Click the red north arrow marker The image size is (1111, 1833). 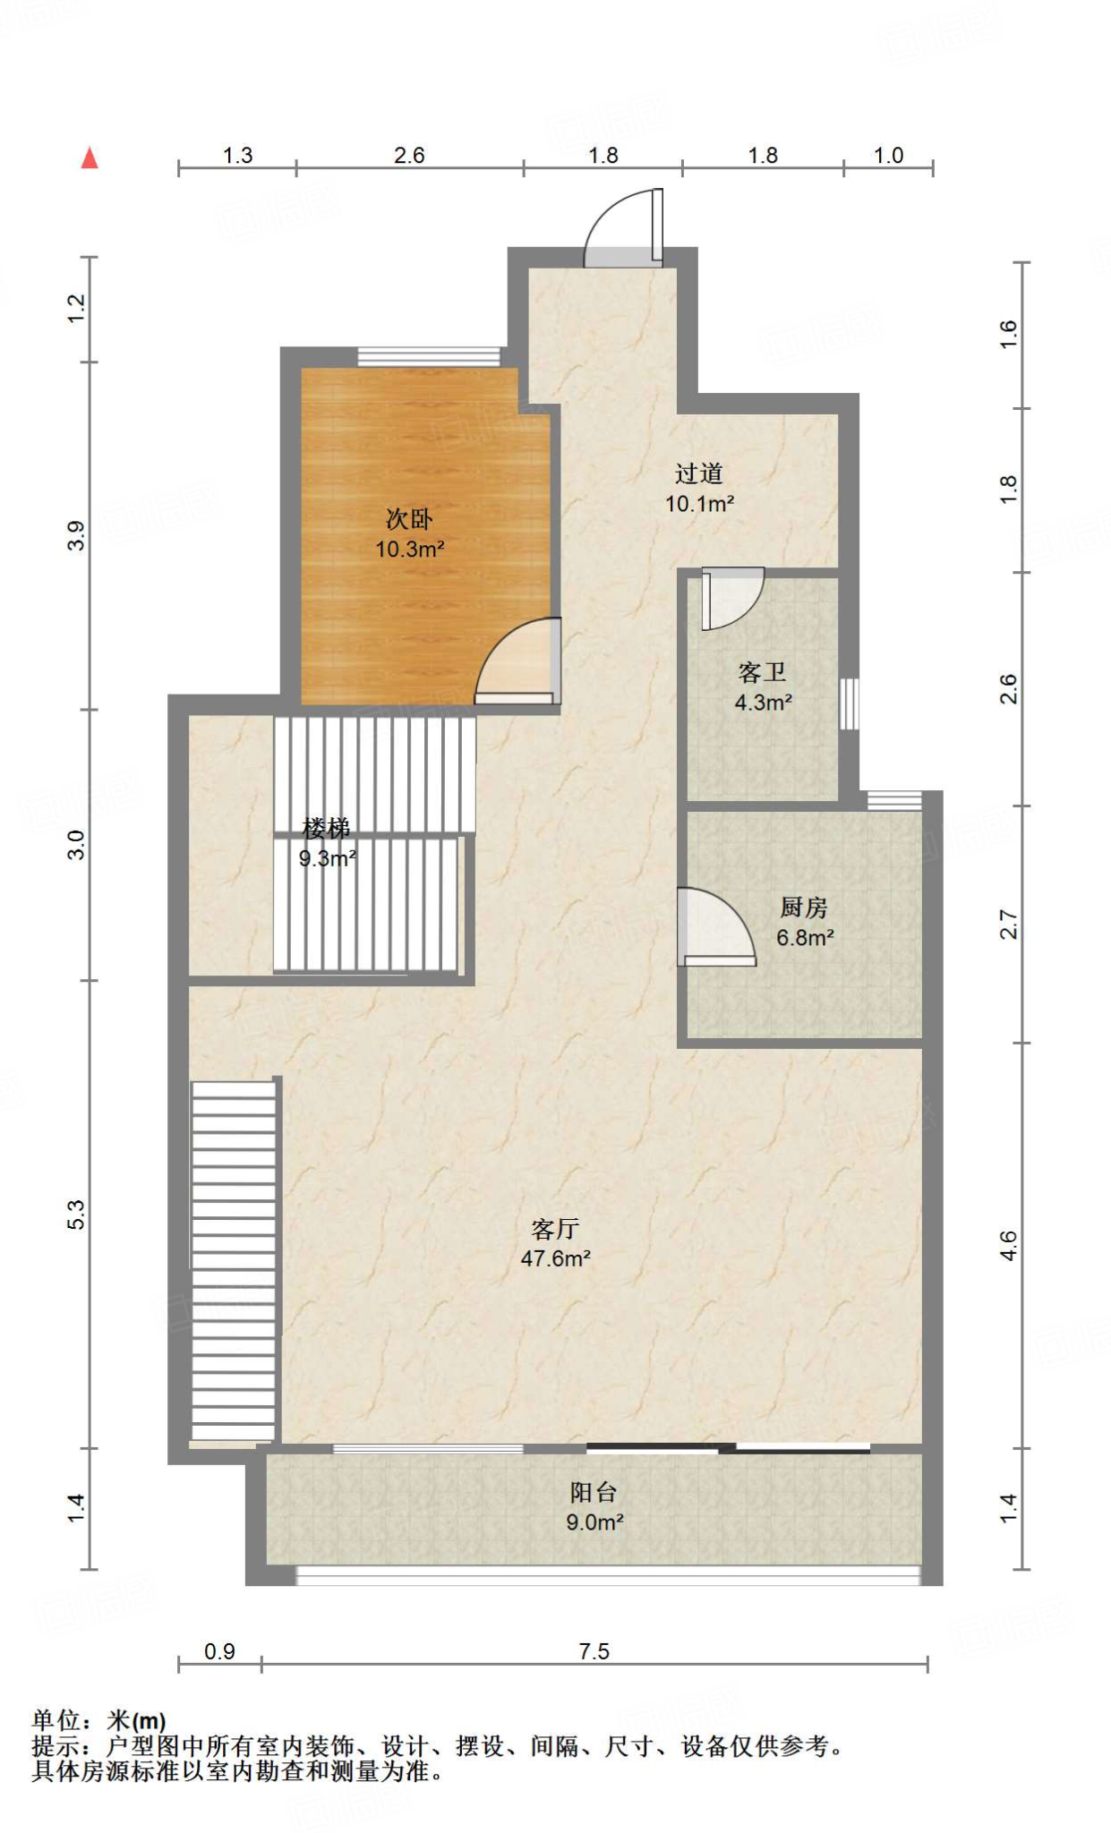click(x=90, y=158)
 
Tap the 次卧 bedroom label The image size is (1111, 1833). click(x=409, y=518)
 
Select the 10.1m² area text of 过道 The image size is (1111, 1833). click(x=700, y=504)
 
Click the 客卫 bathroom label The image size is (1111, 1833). click(x=762, y=672)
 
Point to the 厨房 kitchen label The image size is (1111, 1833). click(x=803, y=908)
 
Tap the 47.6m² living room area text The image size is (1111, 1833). click(x=555, y=1258)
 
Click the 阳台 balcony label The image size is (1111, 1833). click(x=594, y=1492)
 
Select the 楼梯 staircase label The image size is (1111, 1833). click(x=326, y=829)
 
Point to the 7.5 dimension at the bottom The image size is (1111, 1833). click(x=594, y=1650)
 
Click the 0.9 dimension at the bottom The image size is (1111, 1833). click(x=219, y=1650)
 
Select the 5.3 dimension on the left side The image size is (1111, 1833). click(x=76, y=1214)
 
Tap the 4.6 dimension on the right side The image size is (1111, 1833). click(x=1008, y=1245)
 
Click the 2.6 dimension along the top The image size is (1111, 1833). click(x=409, y=155)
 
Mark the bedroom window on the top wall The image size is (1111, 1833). click(x=429, y=356)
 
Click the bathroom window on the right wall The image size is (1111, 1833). click(x=849, y=703)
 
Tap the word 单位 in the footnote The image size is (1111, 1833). click(x=56, y=1721)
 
